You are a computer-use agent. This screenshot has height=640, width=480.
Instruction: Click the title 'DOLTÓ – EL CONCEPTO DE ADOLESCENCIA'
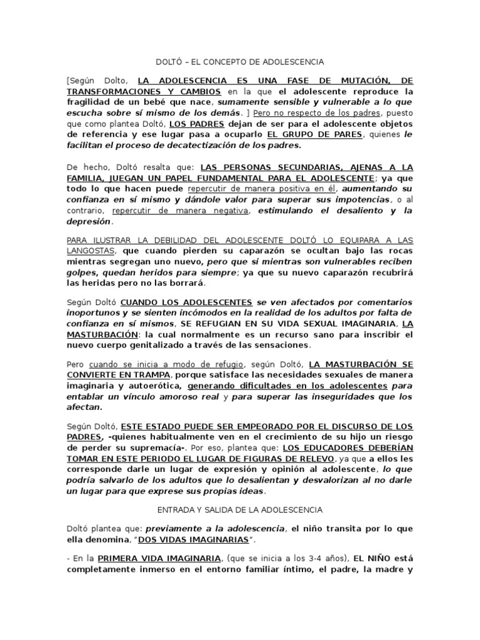[x=239, y=62]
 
